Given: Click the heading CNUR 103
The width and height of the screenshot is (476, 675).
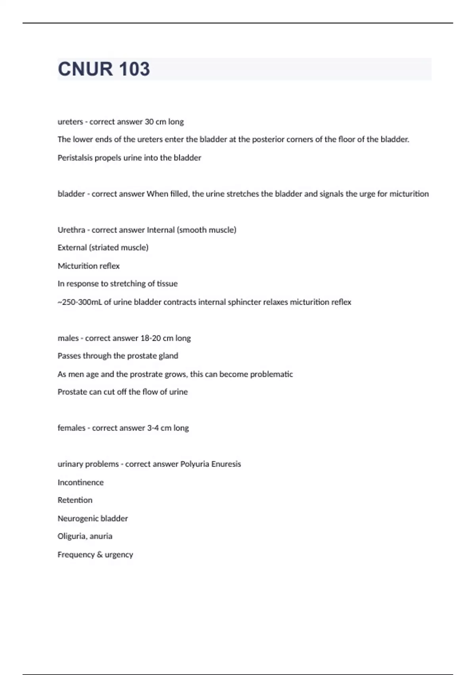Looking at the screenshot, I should pos(104,69).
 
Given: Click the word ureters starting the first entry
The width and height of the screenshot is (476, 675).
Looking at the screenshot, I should pos(70,122).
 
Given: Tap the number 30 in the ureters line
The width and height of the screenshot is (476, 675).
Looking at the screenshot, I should pos(149,122).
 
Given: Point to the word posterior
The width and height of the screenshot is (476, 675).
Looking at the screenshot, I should pos(268,139).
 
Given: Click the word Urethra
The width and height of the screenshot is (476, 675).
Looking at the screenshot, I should pos(71,230).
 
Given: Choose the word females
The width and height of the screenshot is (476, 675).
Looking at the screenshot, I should pos(71,428).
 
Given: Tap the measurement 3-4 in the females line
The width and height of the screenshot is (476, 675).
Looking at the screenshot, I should pos(152,428).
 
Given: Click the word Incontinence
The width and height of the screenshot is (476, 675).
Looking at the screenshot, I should pos(81,482).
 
